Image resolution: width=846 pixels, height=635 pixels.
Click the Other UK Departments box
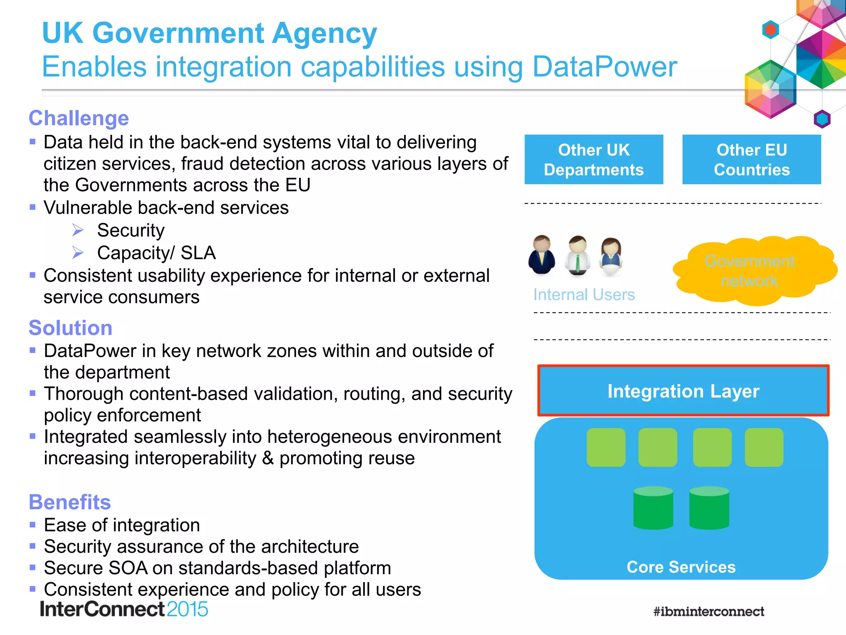(x=594, y=160)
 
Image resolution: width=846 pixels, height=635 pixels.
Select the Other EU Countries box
(x=751, y=160)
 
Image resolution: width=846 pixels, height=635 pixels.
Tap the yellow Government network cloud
(x=750, y=271)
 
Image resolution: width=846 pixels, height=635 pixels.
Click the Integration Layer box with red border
(x=683, y=391)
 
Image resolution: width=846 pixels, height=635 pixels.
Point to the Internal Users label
(x=584, y=295)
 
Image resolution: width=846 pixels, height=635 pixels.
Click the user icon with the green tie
(x=577, y=255)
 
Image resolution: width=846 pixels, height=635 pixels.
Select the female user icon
(x=611, y=257)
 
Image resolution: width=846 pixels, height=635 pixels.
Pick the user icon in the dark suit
(x=542, y=255)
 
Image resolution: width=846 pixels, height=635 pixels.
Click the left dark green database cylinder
(x=653, y=508)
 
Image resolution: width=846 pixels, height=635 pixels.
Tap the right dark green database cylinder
(x=709, y=508)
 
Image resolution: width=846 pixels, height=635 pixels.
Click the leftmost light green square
(x=606, y=447)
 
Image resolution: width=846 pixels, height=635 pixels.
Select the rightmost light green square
(x=764, y=447)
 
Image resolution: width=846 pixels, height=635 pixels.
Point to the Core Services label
(x=681, y=567)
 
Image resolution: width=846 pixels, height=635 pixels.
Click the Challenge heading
(x=79, y=118)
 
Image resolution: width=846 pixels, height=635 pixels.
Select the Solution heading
(x=71, y=328)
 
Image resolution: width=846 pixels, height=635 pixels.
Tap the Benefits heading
(x=70, y=502)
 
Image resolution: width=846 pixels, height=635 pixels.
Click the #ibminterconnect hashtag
(x=708, y=611)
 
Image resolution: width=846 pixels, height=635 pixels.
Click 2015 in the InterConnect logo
(x=187, y=609)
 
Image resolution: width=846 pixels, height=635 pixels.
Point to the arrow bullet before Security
(x=78, y=230)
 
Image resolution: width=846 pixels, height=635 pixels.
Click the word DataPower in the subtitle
(x=604, y=67)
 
